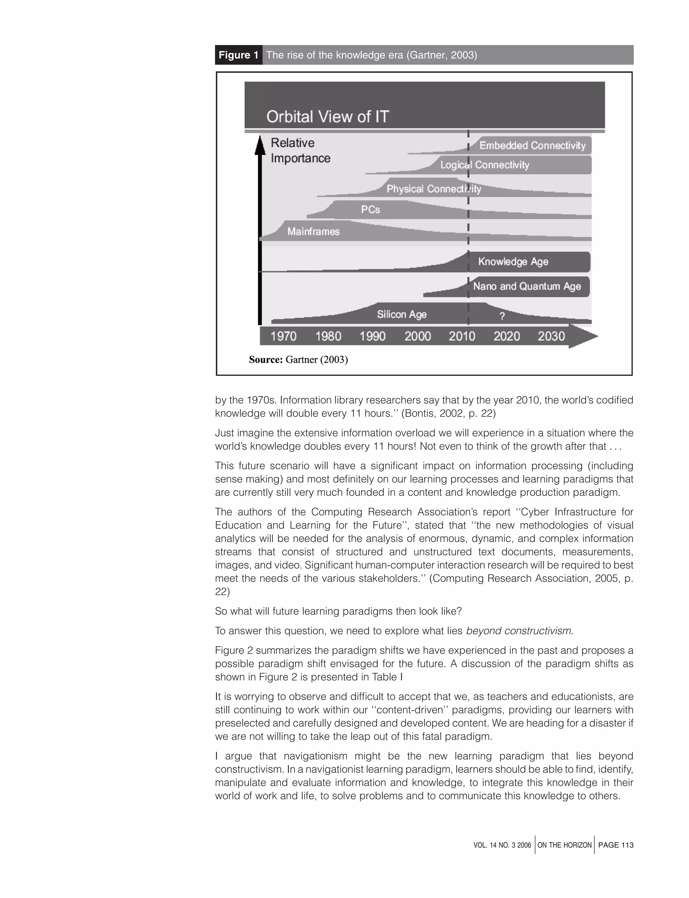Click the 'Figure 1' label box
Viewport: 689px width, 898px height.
238,55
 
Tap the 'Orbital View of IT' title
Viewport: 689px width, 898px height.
327,117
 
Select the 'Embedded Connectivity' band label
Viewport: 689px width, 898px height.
532,146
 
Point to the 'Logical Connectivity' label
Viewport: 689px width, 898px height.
484,165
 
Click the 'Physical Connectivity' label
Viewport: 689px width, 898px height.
434,189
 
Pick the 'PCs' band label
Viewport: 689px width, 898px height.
370,210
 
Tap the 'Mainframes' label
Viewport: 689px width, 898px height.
313,232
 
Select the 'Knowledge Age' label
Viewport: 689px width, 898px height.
513,262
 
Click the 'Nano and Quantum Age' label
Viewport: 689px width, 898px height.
527,286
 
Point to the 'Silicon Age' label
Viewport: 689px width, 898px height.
401,314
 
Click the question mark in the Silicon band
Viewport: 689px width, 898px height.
502,316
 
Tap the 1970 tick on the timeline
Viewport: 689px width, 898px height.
283,337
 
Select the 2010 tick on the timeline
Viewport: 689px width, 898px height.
462,337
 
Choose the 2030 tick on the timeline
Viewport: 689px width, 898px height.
551,337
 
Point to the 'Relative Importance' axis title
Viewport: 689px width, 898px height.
300,150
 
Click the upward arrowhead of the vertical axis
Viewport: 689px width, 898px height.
260,145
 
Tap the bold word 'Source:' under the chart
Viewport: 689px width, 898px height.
266,359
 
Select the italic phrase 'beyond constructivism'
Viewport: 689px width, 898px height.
519,630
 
